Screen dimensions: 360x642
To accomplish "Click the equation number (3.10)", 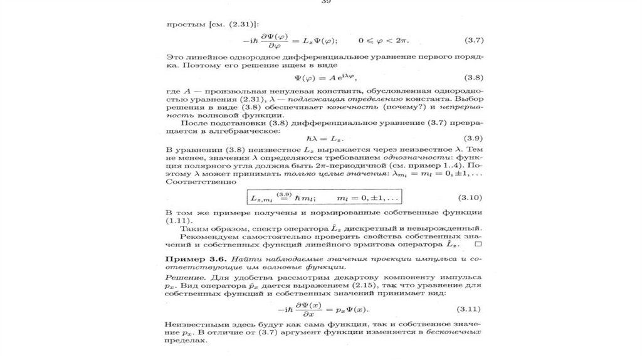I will click(469, 197).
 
